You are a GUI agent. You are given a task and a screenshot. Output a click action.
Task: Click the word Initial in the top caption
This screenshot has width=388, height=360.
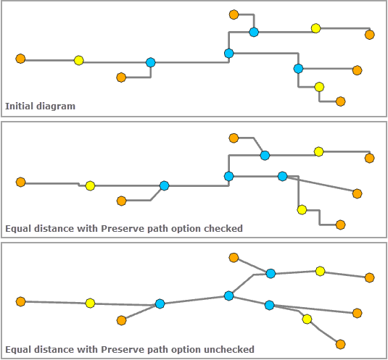19,106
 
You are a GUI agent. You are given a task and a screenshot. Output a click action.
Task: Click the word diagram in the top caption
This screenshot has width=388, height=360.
56,106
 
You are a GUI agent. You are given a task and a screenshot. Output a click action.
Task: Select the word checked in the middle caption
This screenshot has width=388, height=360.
223,229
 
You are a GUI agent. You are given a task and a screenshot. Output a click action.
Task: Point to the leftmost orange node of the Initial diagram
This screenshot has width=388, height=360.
20,59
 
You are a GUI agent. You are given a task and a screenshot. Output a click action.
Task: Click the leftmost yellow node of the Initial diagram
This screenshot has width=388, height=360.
79,61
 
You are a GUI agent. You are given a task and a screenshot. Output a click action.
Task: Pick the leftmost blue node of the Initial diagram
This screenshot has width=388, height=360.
150,62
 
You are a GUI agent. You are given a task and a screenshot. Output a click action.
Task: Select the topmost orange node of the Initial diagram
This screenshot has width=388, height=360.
234,14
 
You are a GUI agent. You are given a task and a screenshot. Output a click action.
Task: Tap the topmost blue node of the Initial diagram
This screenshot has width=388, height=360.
254,32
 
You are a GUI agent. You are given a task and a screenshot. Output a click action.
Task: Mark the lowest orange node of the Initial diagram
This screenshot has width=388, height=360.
341,101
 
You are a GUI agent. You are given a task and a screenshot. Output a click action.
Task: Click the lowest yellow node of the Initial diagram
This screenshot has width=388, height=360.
319,87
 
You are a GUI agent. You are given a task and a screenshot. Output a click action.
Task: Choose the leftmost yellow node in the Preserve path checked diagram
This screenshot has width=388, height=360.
90,186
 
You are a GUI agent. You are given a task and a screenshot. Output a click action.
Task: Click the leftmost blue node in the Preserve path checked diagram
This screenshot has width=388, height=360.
165,186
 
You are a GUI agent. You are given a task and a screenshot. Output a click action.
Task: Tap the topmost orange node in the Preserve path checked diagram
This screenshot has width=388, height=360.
234,138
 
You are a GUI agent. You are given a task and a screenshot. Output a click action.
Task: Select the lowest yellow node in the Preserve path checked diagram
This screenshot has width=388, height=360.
302,210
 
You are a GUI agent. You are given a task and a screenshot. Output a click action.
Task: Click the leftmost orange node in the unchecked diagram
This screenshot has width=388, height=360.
20,301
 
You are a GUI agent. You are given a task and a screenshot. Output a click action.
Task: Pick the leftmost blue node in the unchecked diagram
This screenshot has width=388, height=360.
160,304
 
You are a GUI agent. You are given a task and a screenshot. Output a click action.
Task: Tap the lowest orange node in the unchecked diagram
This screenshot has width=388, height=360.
341,344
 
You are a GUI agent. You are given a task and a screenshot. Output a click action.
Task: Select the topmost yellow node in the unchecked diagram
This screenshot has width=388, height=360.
321,271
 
